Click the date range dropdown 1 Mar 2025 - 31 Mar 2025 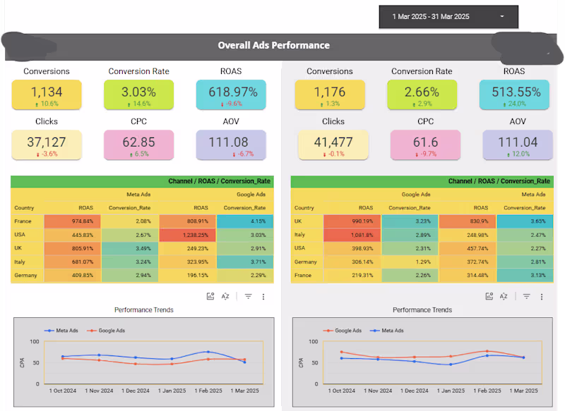click(x=448, y=16)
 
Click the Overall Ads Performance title click(x=273, y=45)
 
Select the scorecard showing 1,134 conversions click(x=47, y=94)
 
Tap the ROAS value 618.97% click(x=233, y=92)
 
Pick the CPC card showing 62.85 click(x=138, y=145)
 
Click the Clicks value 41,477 click(x=333, y=142)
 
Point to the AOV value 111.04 click(x=518, y=142)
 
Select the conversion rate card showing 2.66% click(x=422, y=94)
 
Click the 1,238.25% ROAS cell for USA click(x=187, y=235)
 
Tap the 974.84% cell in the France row click(x=73, y=221)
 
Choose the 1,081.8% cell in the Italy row click(x=352, y=235)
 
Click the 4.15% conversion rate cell click(x=244, y=221)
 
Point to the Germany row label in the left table click(x=25, y=275)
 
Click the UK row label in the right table click(x=298, y=221)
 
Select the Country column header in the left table click(x=24, y=208)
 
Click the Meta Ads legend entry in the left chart click(x=61, y=331)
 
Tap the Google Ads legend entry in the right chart click(x=343, y=331)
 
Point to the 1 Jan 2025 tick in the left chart click(x=172, y=391)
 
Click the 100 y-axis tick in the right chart click(x=314, y=342)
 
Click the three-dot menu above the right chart click(x=542, y=297)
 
